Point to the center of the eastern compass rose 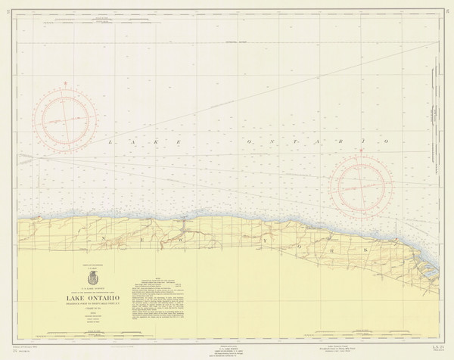[361, 185]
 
